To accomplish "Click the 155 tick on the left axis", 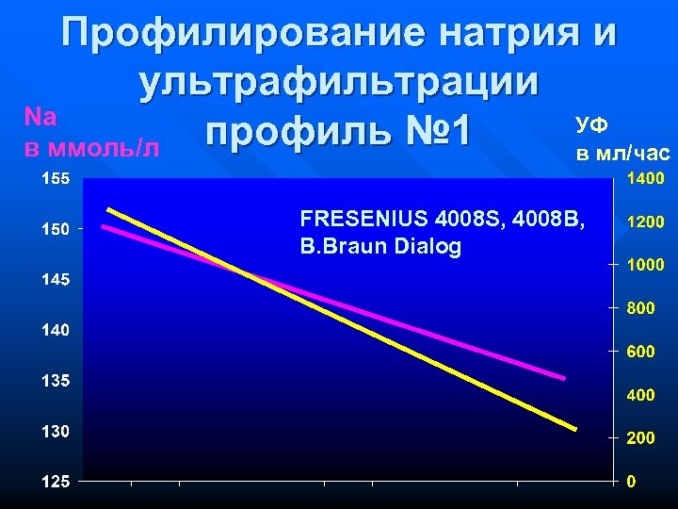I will (x=55, y=178).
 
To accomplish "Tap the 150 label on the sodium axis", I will (x=55, y=229).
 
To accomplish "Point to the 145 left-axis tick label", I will (x=55, y=280).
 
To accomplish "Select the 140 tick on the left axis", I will (x=55, y=331).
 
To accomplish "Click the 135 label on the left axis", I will (x=55, y=381).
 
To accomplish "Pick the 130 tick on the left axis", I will (x=55, y=432).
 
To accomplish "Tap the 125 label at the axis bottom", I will (x=55, y=482).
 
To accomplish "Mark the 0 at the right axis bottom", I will (x=632, y=482).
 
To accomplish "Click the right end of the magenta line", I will (x=564, y=378).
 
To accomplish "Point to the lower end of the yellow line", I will (x=574, y=429).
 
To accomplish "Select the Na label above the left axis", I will (x=41, y=117).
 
